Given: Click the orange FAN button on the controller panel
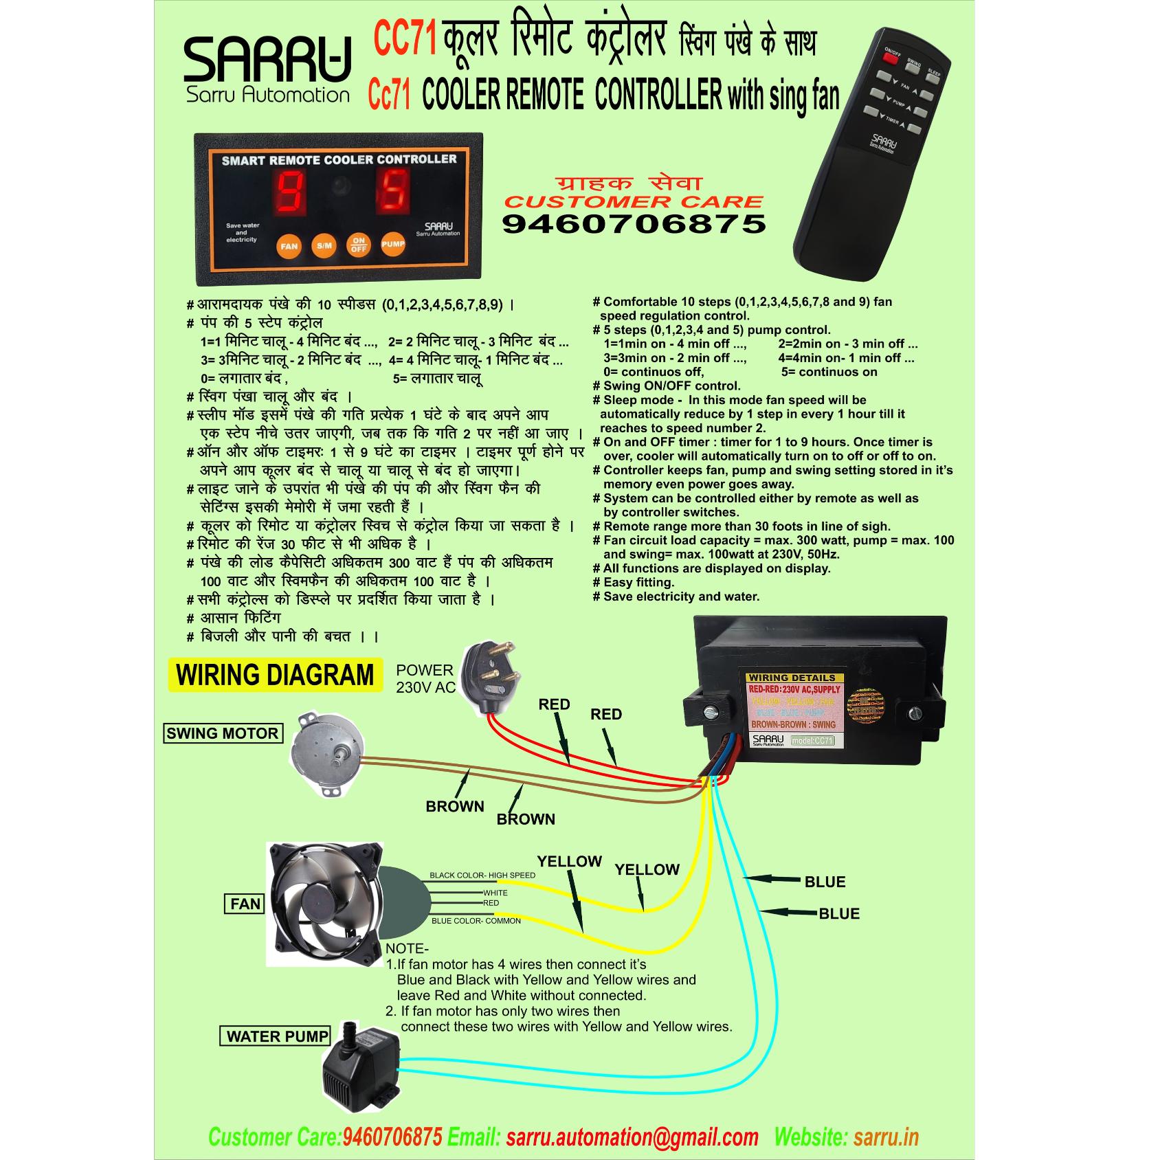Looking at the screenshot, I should [289, 246].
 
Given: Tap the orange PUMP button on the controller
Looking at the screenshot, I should [393, 244].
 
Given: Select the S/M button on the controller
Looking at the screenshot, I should [324, 245].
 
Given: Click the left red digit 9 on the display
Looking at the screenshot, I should [291, 190].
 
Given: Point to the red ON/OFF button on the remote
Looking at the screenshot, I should [891, 54].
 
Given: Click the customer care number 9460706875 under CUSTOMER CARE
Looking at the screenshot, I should [634, 224].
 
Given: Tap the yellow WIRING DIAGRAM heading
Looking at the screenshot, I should [275, 675].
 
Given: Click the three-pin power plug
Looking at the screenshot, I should [490, 676].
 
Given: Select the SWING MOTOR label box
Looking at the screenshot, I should [223, 733].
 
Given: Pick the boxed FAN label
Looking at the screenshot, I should [245, 904].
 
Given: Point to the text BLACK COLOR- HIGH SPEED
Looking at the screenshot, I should [482, 875].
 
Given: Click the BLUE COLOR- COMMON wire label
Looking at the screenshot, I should [476, 921].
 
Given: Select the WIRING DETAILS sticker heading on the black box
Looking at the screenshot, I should [792, 678].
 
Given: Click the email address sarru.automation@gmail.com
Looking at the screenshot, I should [632, 1137].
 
